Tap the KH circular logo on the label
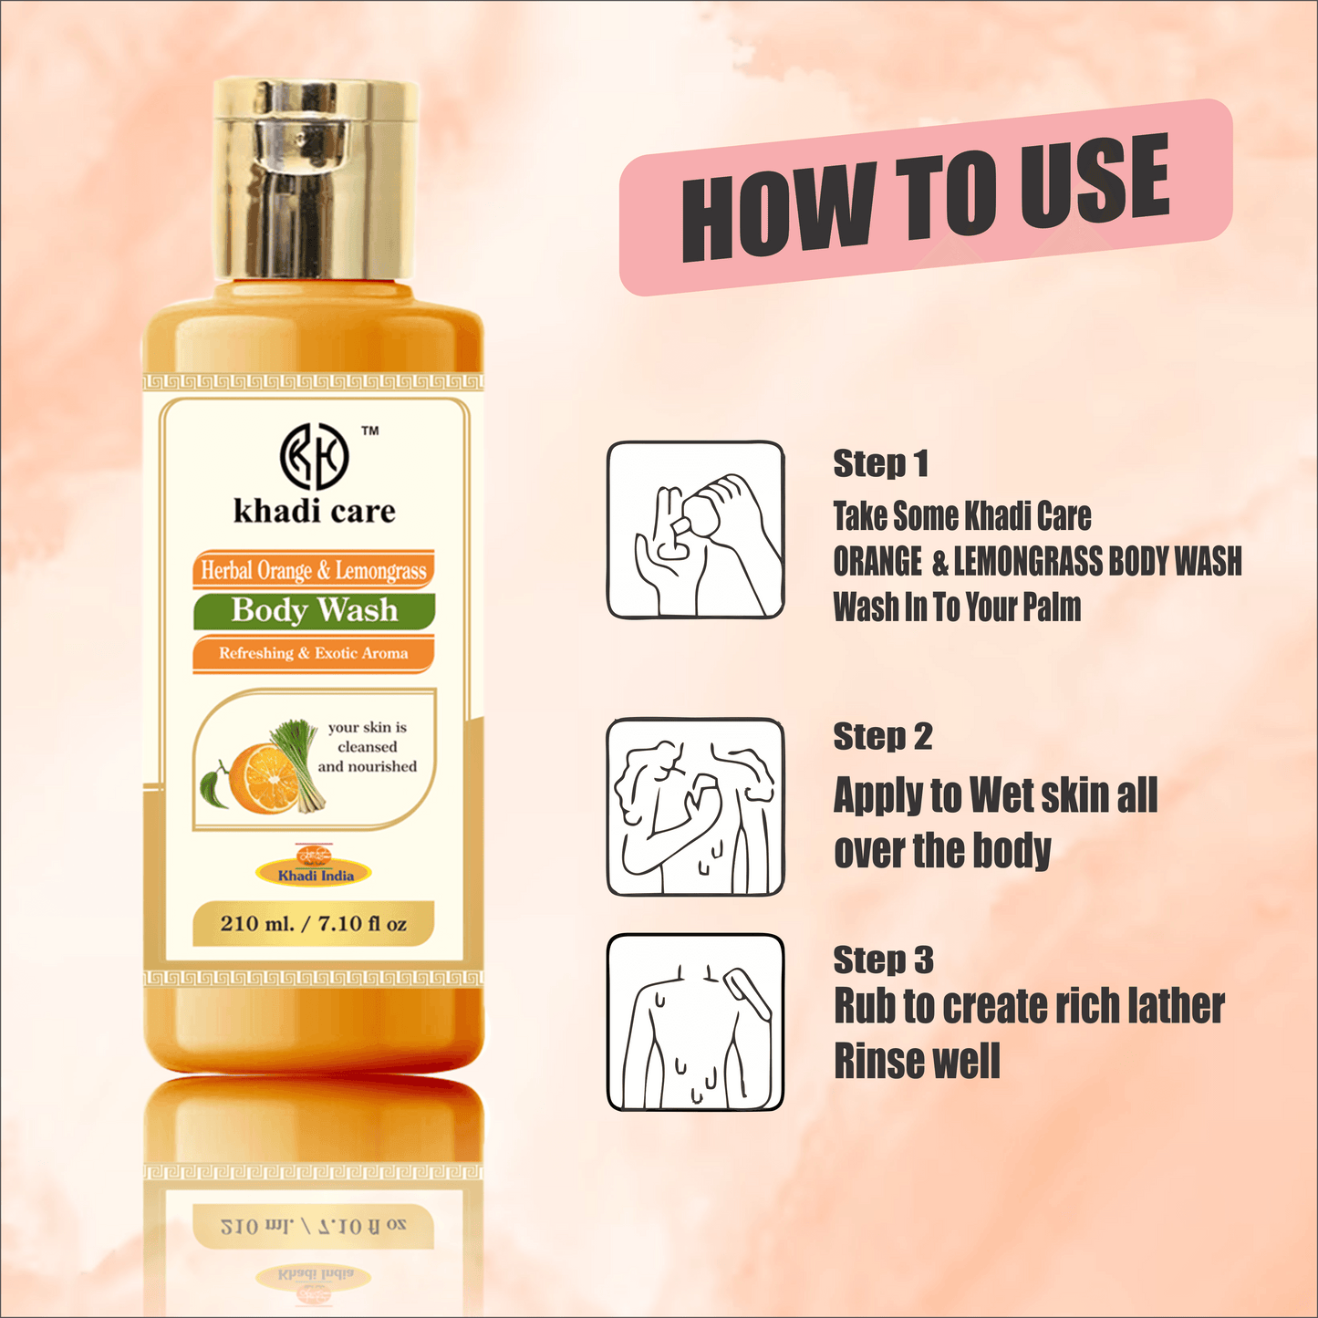pyautogui.click(x=313, y=455)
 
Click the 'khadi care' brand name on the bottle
pyautogui.click(x=315, y=511)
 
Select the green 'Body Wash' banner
pyautogui.click(x=314, y=609)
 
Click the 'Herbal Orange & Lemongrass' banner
pyautogui.click(x=313, y=571)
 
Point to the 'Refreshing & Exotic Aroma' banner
pyautogui.click(x=313, y=653)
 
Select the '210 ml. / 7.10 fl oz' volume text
pyautogui.click(x=313, y=923)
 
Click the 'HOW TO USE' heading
pyautogui.click(x=925, y=196)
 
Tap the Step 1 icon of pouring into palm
pyautogui.click(x=695, y=531)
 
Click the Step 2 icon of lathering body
pyautogui.click(x=695, y=806)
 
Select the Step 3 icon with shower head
pyautogui.click(x=695, y=1022)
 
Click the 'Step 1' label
pyautogui.click(x=880, y=463)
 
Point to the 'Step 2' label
pyautogui.click(x=882, y=736)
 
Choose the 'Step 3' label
pyautogui.click(x=883, y=960)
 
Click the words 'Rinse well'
pyautogui.click(x=917, y=1062)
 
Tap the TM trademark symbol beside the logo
pyautogui.click(x=369, y=431)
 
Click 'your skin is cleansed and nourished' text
pyautogui.click(x=368, y=747)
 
